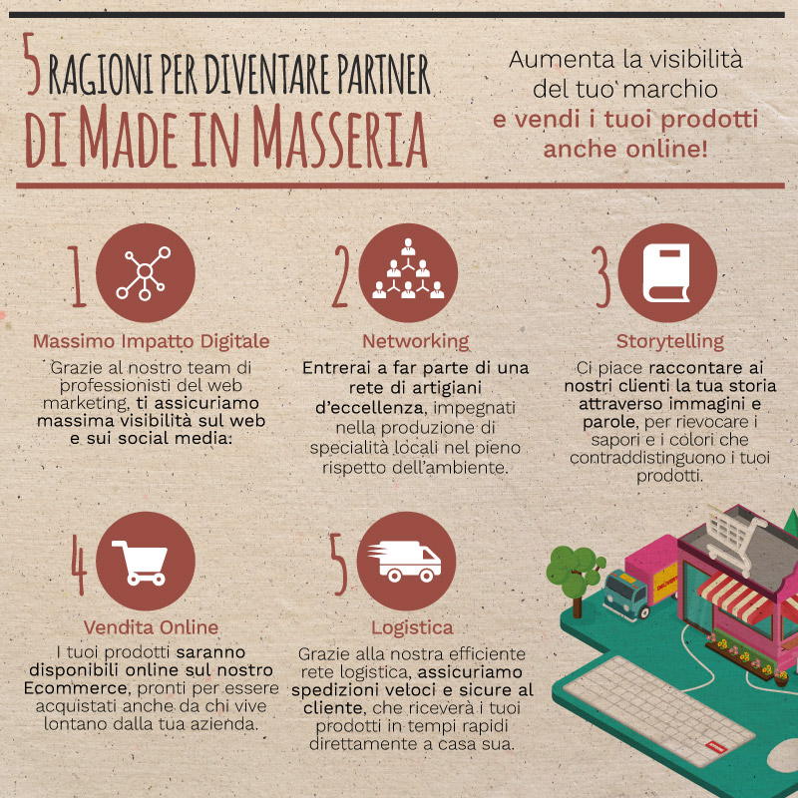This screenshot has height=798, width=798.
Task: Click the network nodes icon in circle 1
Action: pos(144,273)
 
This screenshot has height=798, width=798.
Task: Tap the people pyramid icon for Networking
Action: pos(408,268)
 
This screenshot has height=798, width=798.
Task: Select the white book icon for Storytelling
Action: pos(666,272)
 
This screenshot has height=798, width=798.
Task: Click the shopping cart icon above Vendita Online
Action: pos(140,563)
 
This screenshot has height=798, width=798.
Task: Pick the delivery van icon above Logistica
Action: pos(405,562)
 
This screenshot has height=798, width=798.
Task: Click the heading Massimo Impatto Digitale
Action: pos(152,341)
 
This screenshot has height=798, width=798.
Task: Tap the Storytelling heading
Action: pos(669,342)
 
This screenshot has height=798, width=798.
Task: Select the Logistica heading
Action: pos(412,628)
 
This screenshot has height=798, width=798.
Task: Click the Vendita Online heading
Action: pos(152,627)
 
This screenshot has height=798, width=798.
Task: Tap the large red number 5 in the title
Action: pos(32,64)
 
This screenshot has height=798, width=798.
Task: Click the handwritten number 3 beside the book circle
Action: pos(602,277)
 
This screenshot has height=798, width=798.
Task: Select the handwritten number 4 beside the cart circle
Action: pos(79,565)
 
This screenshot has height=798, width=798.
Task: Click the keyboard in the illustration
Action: pos(658,709)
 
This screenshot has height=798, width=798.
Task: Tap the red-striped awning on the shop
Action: pos(738,597)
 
